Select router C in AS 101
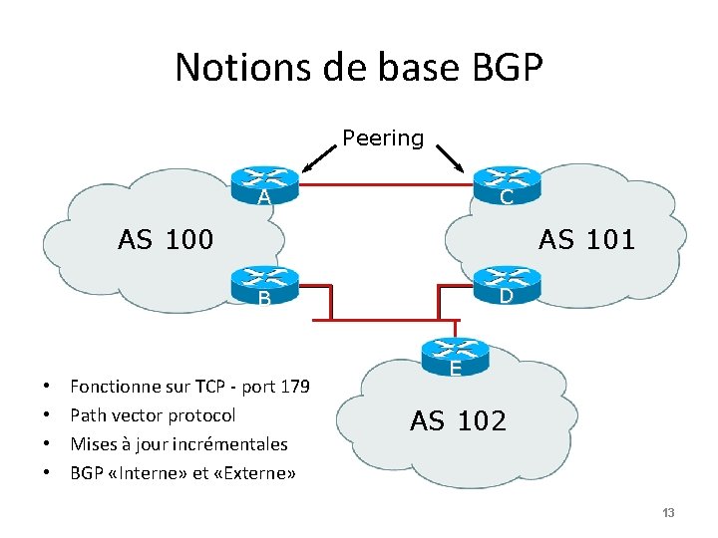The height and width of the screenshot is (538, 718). (x=506, y=179)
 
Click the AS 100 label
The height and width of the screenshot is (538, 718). (x=166, y=240)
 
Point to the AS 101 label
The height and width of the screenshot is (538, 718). (x=586, y=240)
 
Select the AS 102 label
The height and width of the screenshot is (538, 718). (x=458, y=421)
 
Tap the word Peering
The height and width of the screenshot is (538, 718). (x=383, y=138)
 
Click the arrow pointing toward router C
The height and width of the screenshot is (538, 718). (x=450, y=157)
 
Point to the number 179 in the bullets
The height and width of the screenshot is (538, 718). (x=294, y=387)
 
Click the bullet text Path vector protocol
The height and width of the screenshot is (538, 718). (x=153, y=415)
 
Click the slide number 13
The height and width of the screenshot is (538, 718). (x=668, y=513)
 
